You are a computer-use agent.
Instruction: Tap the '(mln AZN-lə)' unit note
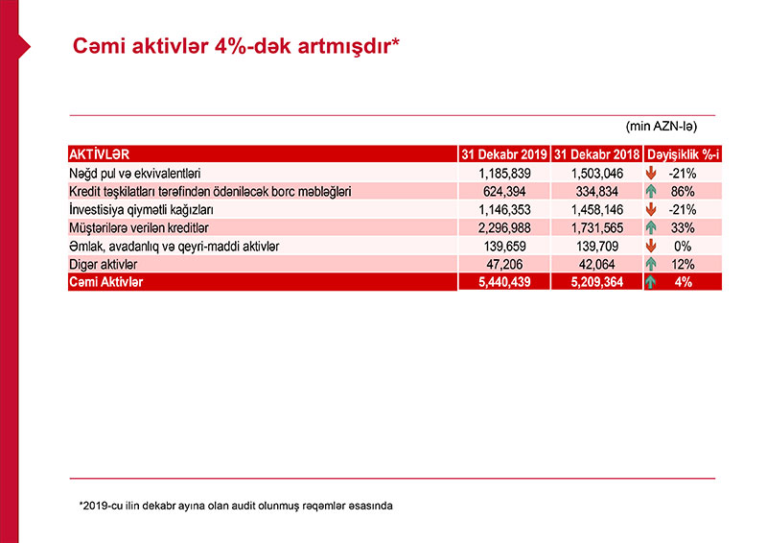[x=661, y=126]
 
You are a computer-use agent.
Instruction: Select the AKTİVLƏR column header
[x=100, y=154]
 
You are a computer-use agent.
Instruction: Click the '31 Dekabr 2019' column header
[x=503, y=154]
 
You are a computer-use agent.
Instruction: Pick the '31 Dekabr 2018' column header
[x=596, y=154]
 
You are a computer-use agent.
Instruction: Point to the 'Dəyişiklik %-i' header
[x=683, y=154]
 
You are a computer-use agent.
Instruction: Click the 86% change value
[x=683, y=192]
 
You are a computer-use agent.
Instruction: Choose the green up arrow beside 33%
[x=651, y=227]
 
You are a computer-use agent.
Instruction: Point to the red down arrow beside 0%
[x=651, y=246]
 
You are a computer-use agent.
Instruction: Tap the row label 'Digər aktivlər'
[x=104, y=264]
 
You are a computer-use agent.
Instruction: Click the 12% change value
[x=683, y=264]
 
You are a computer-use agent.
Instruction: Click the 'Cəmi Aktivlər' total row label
[x=105, y=282]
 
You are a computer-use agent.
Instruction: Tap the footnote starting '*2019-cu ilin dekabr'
[x=236, y=505]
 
